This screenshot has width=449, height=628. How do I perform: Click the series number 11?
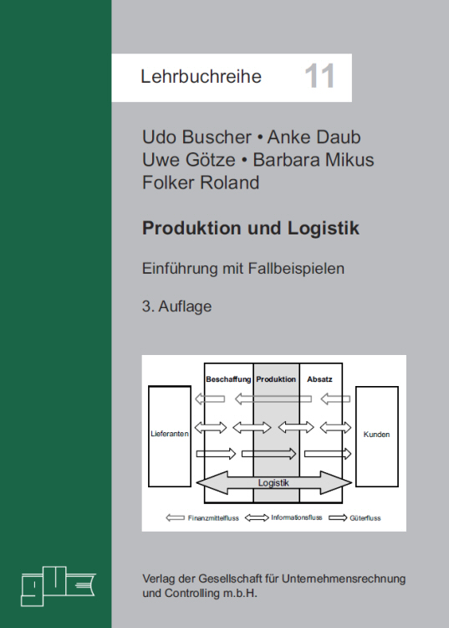pyautogui.click(x=319, y=76)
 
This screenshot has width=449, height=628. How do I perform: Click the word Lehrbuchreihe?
pyautogui.click(x=202, y=76)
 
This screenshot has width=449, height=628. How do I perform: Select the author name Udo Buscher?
pyautogui.click(x=196, y=137)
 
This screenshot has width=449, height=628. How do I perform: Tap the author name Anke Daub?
pyautogui.click(x=314, y=137)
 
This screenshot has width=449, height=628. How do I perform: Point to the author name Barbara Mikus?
pyautogui.click(x=314, y=159)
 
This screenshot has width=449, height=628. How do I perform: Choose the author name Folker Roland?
pyautogui.click(x=201, y=183)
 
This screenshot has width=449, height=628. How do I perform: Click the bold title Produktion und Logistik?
pyautogui.click(x=251, y=229)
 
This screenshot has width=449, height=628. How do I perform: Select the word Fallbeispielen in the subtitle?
pyautogui.click(x=296, y=268)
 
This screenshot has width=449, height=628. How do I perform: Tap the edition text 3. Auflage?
pyautogui.click(x=176, y=306)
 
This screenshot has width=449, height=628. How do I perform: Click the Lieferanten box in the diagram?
pyautogui.click(x=170, y=436)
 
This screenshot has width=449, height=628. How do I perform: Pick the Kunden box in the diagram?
pyautogui.click(x=376, y=436)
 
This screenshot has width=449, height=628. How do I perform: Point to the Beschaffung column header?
pyautogui.click(x=228, y=379)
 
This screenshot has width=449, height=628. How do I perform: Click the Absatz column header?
pyautogui.click(x=319, y=378)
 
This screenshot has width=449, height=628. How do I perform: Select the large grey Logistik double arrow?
pyautogui.click(x=274, y=482)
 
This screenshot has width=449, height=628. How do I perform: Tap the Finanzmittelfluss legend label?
pyautogui.click(x=213, y=517)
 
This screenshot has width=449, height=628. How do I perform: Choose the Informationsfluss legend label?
pyautogui.click(x=297, y=517)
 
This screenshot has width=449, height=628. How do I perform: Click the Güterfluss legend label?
pyautogui.click(x=365, y=517)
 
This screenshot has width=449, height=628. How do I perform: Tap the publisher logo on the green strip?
pyautogui.click(x=58, y=586)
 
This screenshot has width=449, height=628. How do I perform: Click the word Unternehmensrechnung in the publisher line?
pyautogui.click(x=344, y=579)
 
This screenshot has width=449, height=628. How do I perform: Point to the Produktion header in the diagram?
pyautogui.click(x=276, y=378)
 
